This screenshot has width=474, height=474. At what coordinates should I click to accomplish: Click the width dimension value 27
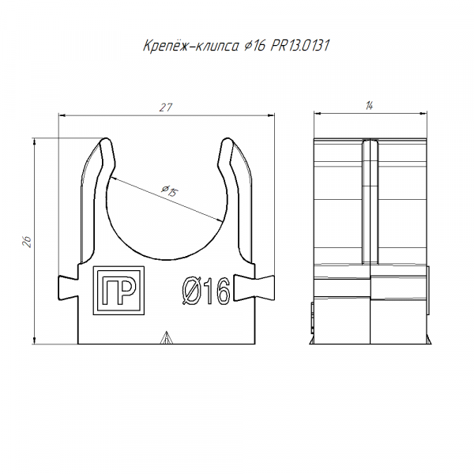[x=166, y=107]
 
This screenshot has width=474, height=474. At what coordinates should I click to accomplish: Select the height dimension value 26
[x=27, y=242]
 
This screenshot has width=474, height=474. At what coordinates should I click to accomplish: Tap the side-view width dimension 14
[x=369, y=106]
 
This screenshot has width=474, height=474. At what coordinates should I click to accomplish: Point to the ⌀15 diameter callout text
[x=170, y=190]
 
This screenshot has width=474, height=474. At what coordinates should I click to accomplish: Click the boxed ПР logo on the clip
[x=118, y=291]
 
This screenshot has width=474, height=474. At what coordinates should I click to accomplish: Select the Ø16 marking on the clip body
[x=206, y=291]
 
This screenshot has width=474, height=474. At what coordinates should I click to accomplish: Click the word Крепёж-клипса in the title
[x=191, y=46]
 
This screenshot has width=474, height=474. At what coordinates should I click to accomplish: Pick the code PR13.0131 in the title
[x=299, y=46]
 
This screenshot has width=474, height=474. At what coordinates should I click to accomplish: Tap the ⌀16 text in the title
[x=254, y=46]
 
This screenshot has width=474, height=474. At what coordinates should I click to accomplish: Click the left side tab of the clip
[x=68, y=288]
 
